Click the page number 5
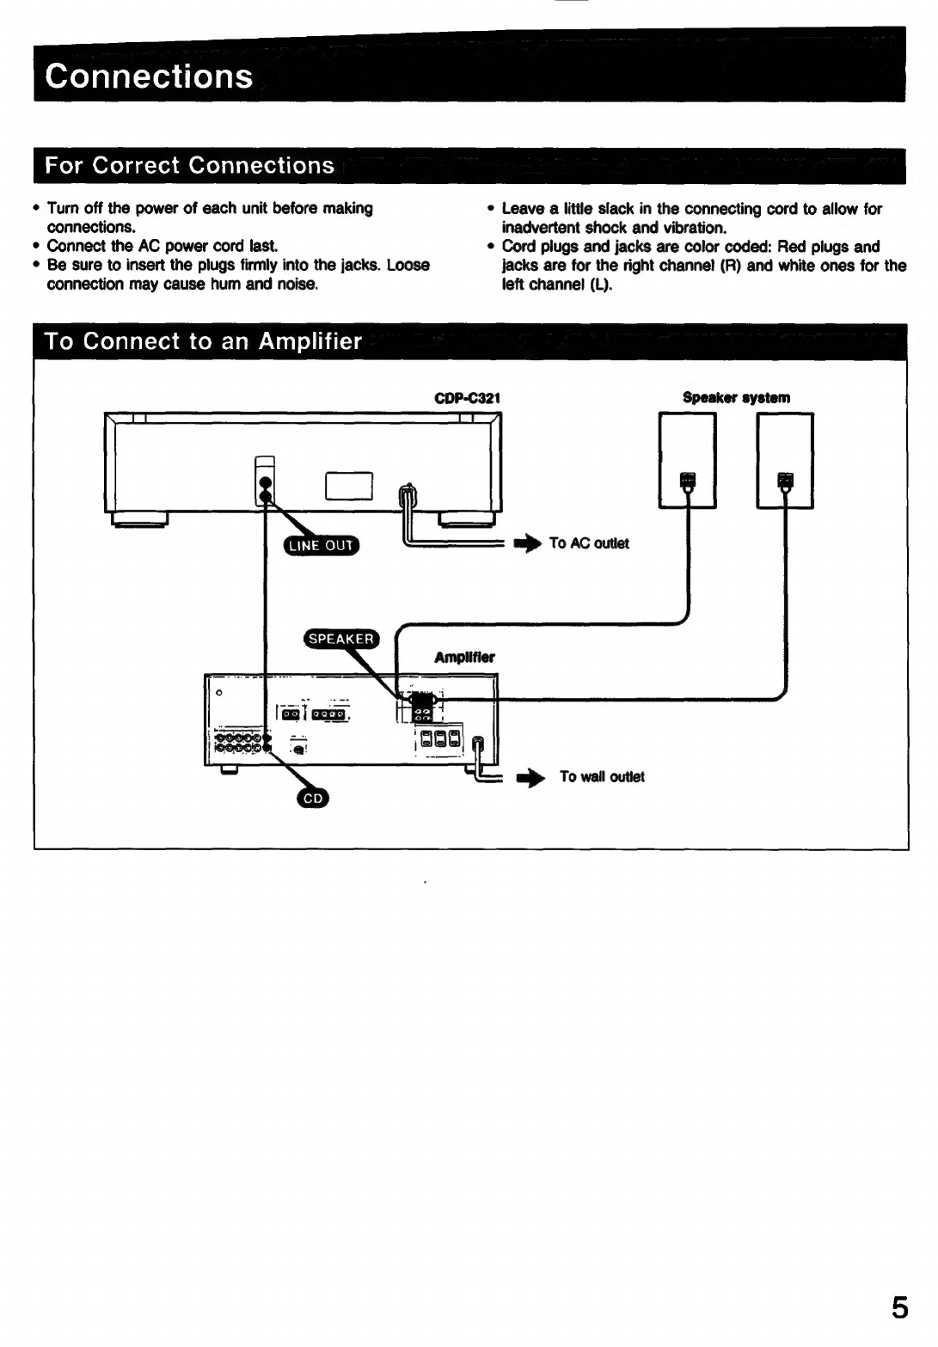coord(898,1307)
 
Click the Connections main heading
coord(150,77)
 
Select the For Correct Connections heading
coord(189,165)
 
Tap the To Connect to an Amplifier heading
coord(203,341)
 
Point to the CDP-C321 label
coord(468,398)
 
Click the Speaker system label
coord(736,398)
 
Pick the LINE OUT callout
coord(322,545)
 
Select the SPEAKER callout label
coord(341,639)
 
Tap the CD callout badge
coord(312,799)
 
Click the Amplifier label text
coord(464,658)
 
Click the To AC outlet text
coord(589,543)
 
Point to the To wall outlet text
coord(602,777)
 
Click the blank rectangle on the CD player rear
coord(348,487)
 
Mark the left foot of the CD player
coord(138,518)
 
